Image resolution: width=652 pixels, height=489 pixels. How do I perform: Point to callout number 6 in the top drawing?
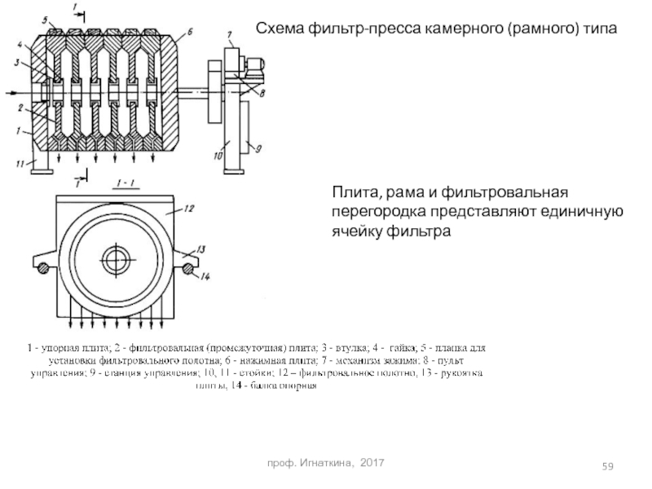tap(189, 33)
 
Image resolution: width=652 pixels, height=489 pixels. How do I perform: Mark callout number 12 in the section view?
tap(188, 209)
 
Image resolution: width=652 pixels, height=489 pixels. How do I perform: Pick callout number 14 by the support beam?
tap(205, 278)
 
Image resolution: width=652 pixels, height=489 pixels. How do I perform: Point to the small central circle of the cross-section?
tap(112, 260)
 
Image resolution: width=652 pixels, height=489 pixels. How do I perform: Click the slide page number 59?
tap(608, 465)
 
